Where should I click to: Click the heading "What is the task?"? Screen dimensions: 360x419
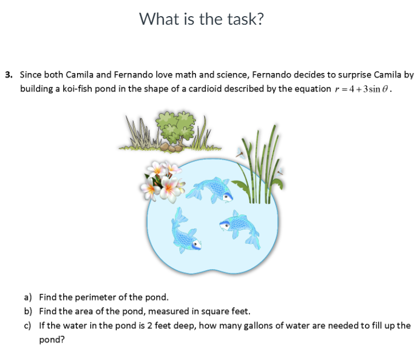[x=202, y=20]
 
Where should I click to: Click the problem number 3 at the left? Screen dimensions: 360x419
[x=8, y=75]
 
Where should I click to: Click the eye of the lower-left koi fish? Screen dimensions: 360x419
[x=196, y=245]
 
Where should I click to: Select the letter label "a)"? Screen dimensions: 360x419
[x=28, y=297]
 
